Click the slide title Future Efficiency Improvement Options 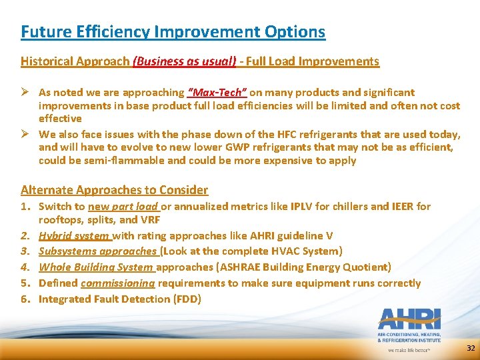(x=173, y=31)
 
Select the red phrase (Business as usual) (x=185, y=61)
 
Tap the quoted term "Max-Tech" (x=217, y=93)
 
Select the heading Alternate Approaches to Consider (x=114, y=190)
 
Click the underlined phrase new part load (x=123, y=207)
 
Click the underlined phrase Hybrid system (x=74, y=235)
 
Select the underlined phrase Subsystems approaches (x=97, y=251)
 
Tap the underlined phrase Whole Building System (x=96, y=267)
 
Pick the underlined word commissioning (x=117, y=283)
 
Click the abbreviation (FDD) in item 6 (x=188, y=299)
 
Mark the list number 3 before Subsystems (x=25, y=251)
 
